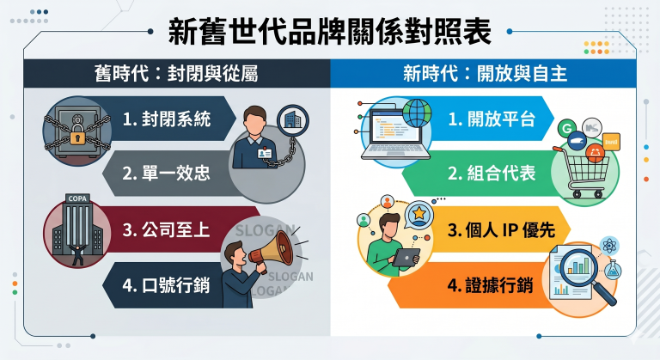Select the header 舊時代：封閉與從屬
coord(175,75)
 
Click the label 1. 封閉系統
coord(167,120)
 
